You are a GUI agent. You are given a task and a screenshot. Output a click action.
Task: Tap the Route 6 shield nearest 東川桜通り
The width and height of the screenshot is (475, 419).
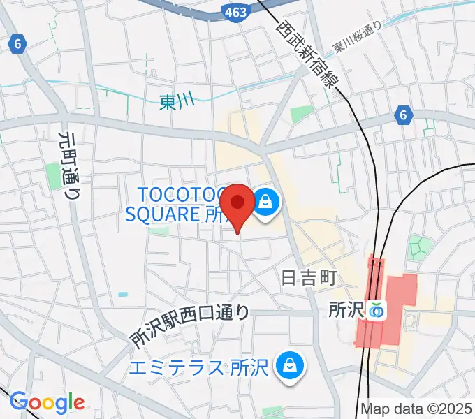coord(402,115)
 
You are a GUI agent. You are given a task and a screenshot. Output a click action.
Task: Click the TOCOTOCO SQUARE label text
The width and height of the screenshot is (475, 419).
coord(178,204)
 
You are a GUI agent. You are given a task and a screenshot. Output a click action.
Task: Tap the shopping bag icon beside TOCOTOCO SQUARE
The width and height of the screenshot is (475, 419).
coord(265,203)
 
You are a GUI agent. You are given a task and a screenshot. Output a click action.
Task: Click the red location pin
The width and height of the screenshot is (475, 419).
coord(239,204)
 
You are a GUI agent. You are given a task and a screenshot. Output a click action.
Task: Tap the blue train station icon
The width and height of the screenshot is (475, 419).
coord(378,309)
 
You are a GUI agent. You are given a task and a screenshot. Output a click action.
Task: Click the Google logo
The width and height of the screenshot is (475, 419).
coord(47,402)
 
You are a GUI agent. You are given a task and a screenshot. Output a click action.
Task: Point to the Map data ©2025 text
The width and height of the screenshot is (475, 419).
coord(416,409)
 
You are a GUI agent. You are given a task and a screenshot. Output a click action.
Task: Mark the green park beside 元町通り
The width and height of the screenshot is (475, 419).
coord(54,175)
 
